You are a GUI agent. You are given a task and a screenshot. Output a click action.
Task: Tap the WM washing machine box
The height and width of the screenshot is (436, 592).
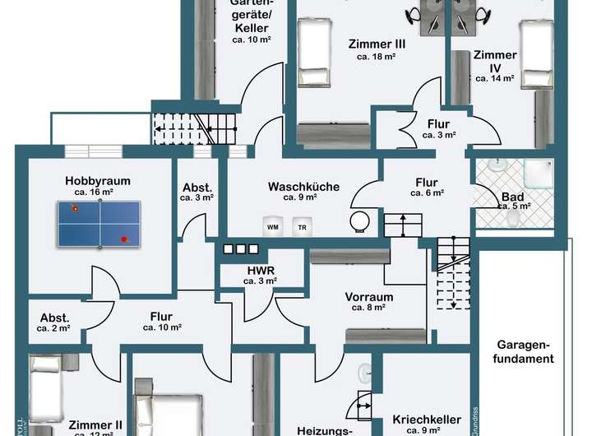pyautogui.click(x=271, y=226)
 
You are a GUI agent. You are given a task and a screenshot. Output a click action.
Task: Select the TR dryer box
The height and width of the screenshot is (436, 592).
pyautogui.click(x=302, y=226)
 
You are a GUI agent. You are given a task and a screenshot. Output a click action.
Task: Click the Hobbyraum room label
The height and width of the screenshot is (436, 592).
pyautogui.click(x=98, y=181)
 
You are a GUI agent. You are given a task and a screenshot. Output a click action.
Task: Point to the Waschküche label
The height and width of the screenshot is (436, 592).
pyautogui.click(x=303, y=187)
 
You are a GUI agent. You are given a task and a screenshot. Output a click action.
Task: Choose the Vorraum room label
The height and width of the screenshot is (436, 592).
pyautogui.click(x=369, y=297)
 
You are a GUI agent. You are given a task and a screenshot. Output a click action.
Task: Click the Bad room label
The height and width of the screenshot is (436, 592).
pyautogui.click(x=511, y=197)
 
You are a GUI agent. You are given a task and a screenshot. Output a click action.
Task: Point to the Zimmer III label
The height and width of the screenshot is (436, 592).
pyautogui.click(x=376, y=44)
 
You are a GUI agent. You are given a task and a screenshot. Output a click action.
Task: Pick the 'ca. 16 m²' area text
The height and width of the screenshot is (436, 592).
pyautogui.click(x=92, y=192)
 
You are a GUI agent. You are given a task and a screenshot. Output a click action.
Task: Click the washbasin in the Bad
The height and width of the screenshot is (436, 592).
pyautogui.click(x=495, y=165)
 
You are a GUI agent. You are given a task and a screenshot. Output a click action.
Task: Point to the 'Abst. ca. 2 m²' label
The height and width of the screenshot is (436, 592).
pyautogui.click(x=54, y=322)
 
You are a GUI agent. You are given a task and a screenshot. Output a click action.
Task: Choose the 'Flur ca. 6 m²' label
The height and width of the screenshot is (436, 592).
pyautogui.click(x=427, y=188)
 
